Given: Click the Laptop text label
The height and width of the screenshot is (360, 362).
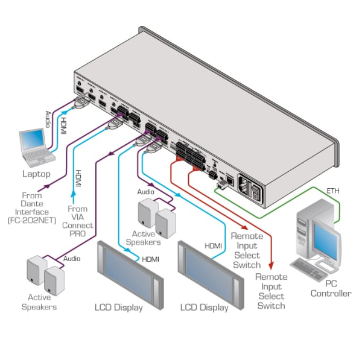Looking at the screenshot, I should pos(37,174).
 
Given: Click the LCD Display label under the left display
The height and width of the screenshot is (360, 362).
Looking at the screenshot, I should pos(119,308).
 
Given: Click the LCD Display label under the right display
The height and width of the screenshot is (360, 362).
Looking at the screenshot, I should pos(205,308).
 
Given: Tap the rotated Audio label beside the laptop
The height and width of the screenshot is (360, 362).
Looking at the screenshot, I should pos(49,119).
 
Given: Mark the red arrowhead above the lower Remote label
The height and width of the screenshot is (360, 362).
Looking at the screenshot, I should pos(271,266).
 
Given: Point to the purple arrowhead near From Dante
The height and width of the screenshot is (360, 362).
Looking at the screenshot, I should pos(46,185).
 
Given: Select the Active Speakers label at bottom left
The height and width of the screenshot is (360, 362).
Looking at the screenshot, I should pos(39,302).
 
